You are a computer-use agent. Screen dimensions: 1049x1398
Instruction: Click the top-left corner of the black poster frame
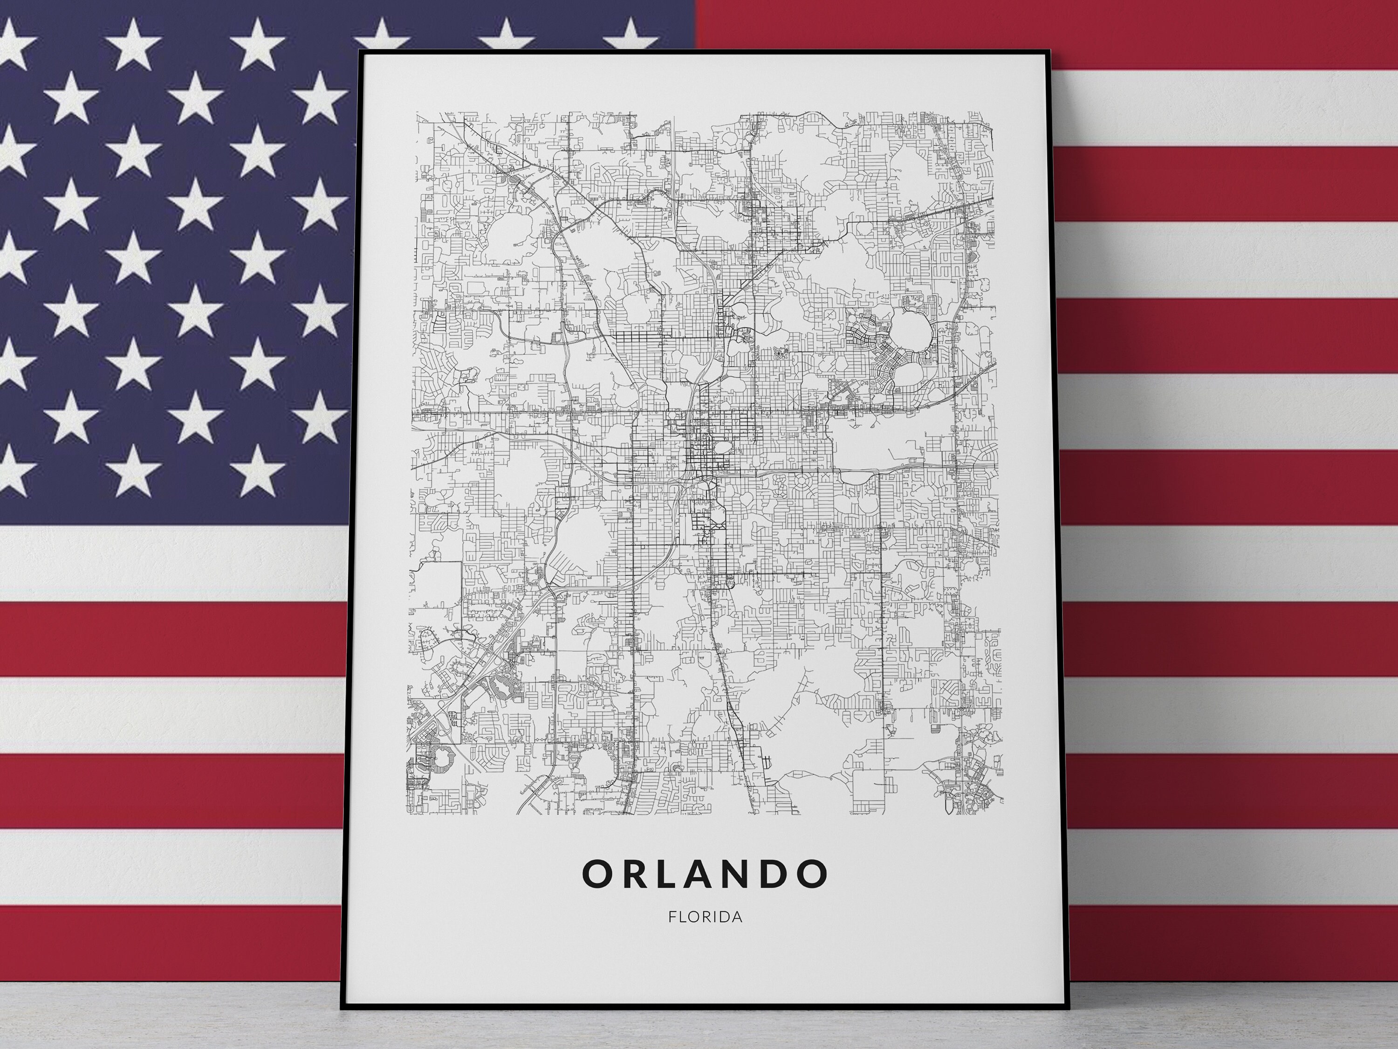[360, 51]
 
